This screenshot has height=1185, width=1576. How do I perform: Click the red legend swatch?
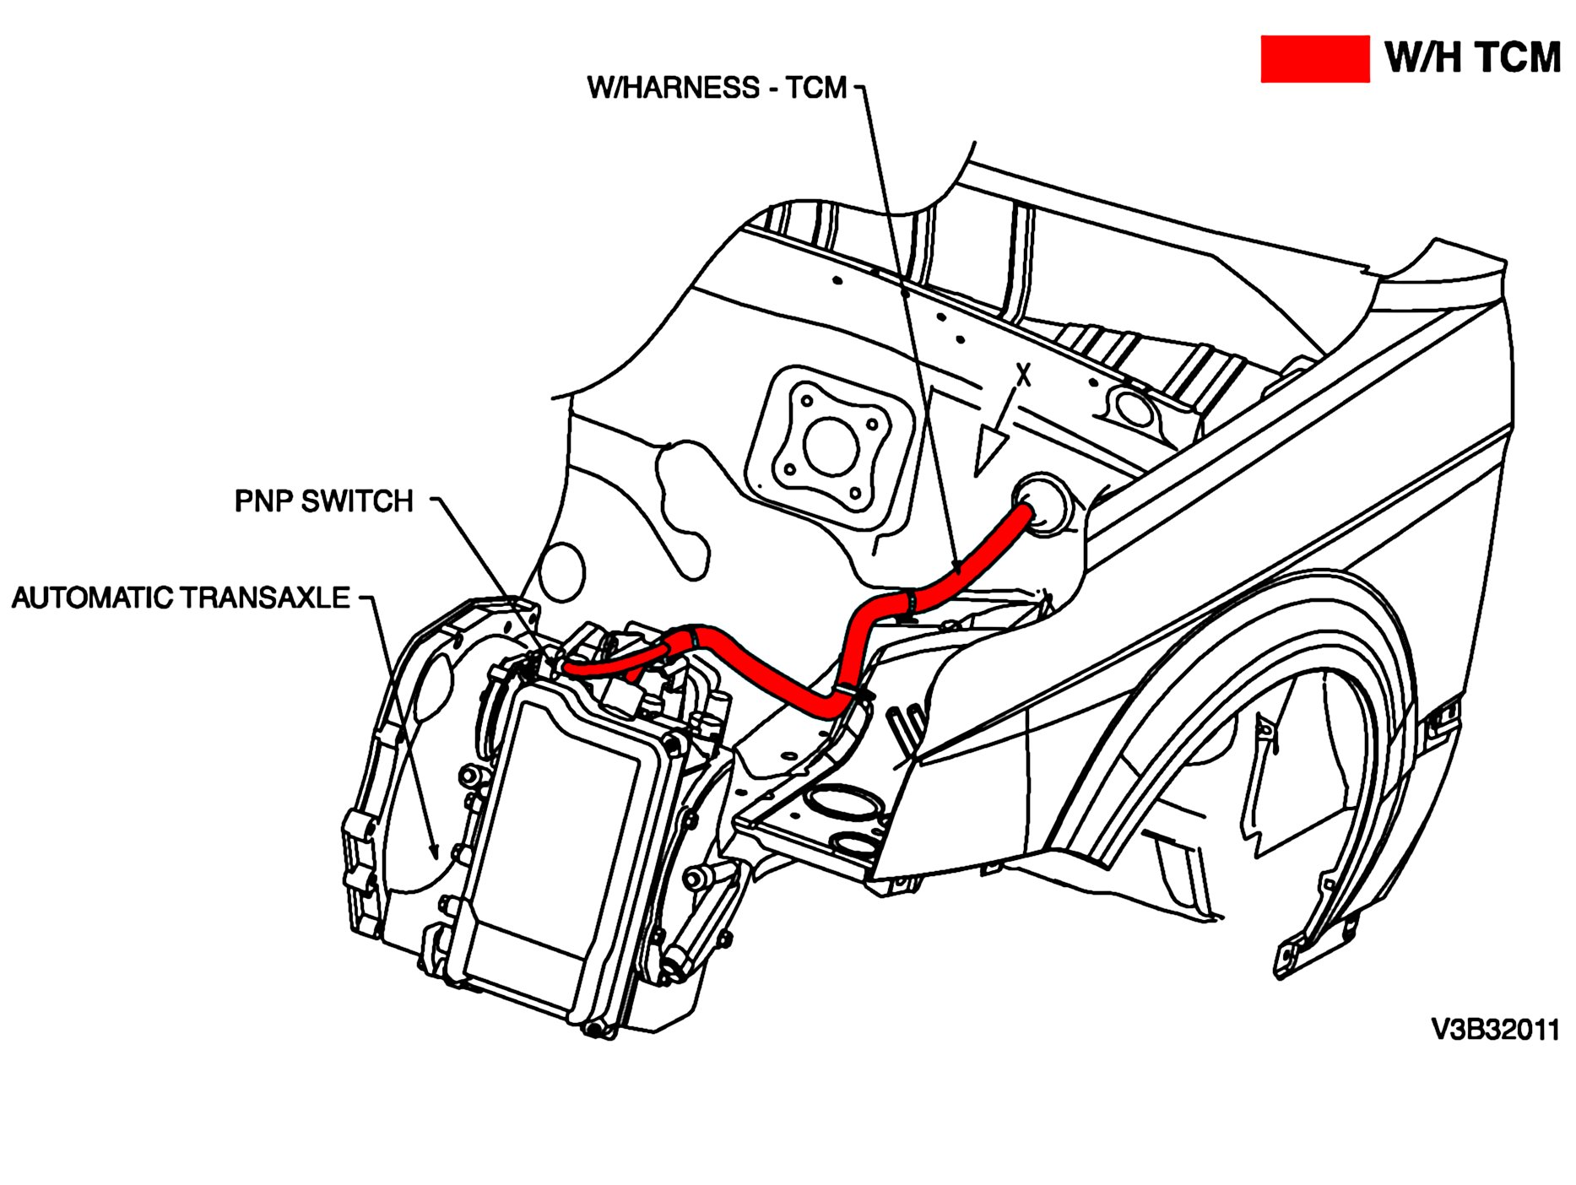(1314, 59)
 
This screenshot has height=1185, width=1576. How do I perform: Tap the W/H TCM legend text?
(1472, 58)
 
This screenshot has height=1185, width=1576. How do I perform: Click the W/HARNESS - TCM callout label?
(717, 88)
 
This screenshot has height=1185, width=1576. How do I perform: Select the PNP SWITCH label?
(323, 501)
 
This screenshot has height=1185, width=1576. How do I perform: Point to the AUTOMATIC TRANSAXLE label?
(181, 598)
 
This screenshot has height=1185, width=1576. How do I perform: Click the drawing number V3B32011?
(1495, 1030)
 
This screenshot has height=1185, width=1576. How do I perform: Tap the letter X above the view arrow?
(1023, 374)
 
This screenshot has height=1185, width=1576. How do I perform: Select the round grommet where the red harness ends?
(1042, 504)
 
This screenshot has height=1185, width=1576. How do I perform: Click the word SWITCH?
(357, 501)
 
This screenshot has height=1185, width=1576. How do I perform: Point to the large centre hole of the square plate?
(825, 445)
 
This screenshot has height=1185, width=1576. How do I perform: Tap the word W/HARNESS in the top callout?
(674, 88)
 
